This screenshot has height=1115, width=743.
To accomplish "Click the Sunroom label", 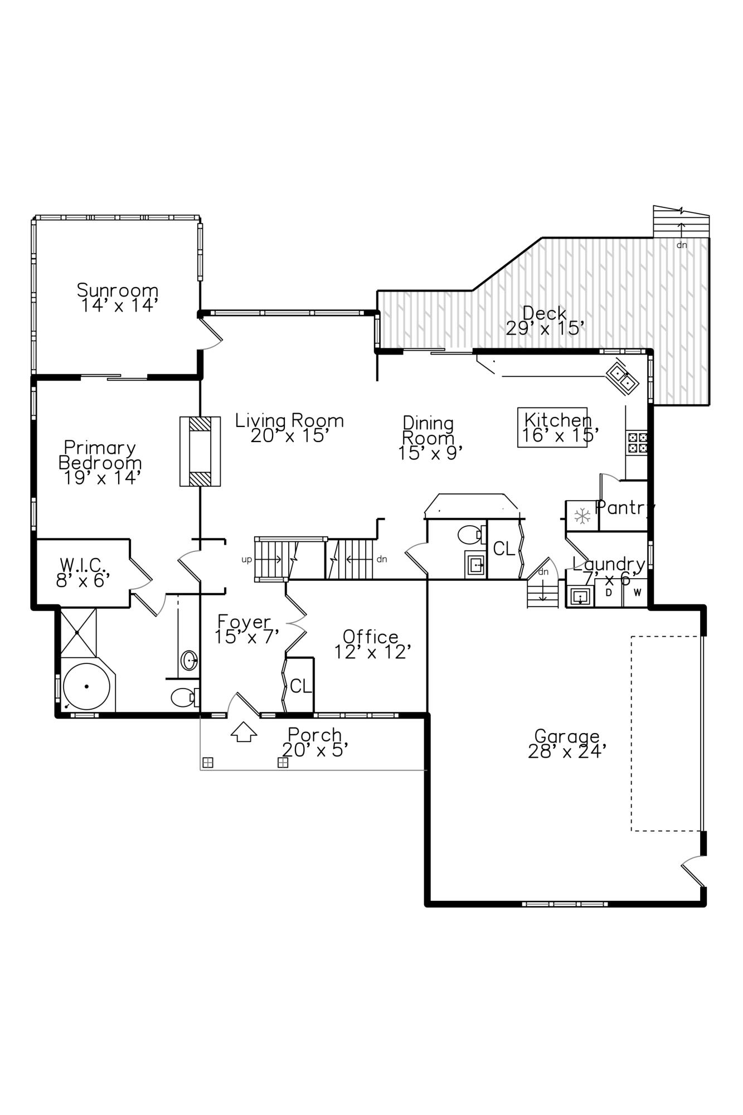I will pyautogui.click(x=118, y=290).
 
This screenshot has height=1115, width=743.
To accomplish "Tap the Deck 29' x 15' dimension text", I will pyautogui.click(x=545, y=328).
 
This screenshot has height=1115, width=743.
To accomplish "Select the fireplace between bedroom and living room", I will pyautogui.click(x=200, y=452).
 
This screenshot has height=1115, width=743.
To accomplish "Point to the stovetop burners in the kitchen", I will pyautogui.click(x=637, y=443).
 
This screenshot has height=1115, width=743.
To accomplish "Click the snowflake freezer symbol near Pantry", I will pyautogui.click(x=582, y=516).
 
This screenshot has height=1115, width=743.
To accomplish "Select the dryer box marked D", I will pyautogui.click(x=609, y=593).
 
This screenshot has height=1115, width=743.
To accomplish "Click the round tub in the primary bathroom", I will pyautogui.click(x=86, y=686).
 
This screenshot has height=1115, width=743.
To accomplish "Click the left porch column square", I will pyautogui.click(x=207, y=763).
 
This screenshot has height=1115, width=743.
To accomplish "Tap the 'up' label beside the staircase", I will pyautogui.click(x=246, y=559).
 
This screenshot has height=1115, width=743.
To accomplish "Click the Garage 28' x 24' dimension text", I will pyautogui.click(x=567, y=752).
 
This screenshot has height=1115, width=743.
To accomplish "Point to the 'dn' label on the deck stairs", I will pyautogui.click(x=681, y=245).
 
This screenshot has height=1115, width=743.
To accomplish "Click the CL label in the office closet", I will pyautogui.click(x=300, y=686).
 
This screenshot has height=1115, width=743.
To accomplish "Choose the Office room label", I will pyautogui.click(x=370, y=636).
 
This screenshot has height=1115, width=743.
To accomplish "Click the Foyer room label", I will pyautogui.click(x=244, y=621).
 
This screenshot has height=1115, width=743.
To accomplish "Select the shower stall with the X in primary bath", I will pyautogui.click(x=78, y=632).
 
